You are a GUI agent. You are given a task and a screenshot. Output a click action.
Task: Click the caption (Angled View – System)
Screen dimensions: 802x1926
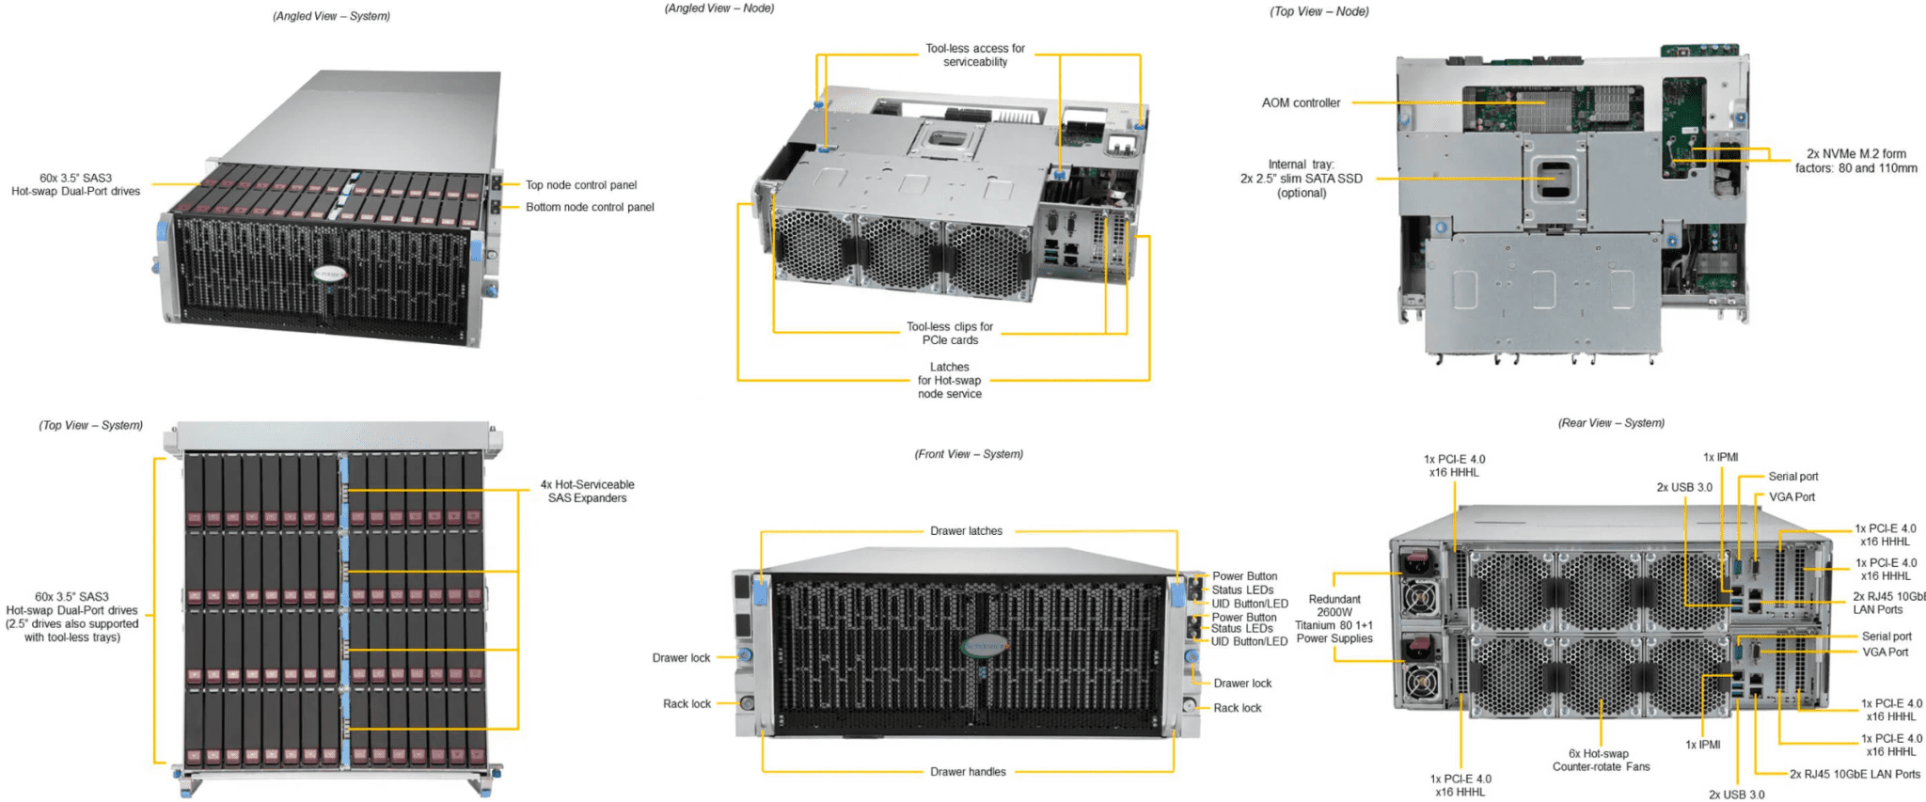pyautogui.click(x=331, y=16)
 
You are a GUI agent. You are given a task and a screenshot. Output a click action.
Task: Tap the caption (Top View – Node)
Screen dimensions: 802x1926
pyautogui.click(x=1318, y=11)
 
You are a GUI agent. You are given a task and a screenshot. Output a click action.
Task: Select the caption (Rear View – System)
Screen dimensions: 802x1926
pyautogui.click(x=1611, y=423)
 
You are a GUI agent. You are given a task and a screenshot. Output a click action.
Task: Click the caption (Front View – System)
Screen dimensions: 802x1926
pyautogui.click(x=969, y=454)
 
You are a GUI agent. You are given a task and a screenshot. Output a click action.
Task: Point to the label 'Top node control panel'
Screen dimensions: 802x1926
pyautogui.click(x=580, y=185)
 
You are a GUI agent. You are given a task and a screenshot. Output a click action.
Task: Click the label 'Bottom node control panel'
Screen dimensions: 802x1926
pyautogui.click(x=590, y=207)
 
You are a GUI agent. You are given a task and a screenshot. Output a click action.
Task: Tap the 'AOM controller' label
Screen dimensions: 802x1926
pyautogui.click(x=1301, y=103)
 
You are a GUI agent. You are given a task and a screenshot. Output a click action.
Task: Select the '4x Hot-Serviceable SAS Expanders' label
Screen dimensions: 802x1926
pyautogui.click(x=587, y=492)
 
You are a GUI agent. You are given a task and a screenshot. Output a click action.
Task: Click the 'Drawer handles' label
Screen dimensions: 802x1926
pyautogui.click(x=968, y=772)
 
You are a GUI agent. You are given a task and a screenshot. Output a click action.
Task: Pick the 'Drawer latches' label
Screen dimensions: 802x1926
pyautogui.click(x=966, y=531)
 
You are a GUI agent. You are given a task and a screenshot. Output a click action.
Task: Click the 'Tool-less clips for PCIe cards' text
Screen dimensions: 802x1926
pyautogui.click(x=949, y=334)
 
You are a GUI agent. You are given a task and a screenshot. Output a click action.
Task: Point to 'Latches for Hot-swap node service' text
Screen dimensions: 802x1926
pyautogui.click(x=949, y=381)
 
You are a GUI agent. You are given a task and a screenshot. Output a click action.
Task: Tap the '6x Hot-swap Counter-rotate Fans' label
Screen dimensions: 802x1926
pyautogui.click(x=1601, y=761)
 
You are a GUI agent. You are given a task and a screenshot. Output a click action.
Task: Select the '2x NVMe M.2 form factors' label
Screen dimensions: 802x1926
pyautogui.click(x=1855, y=161)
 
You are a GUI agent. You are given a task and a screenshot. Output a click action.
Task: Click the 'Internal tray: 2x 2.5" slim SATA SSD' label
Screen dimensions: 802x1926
pyautogui.click(x=1301, y=179)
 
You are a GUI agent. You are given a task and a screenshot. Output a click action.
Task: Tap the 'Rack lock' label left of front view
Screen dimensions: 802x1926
pyautogui.click(x=687, y=704)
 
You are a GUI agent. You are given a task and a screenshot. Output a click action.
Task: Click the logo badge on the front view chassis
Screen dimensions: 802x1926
pyautogui.click(x=984, y=647)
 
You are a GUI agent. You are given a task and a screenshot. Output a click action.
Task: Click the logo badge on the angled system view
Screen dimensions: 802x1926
pyautogui.click(x=330, y=274)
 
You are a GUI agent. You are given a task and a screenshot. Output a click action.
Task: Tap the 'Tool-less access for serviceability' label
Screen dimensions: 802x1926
pyautogui.click(x=974, y=55)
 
